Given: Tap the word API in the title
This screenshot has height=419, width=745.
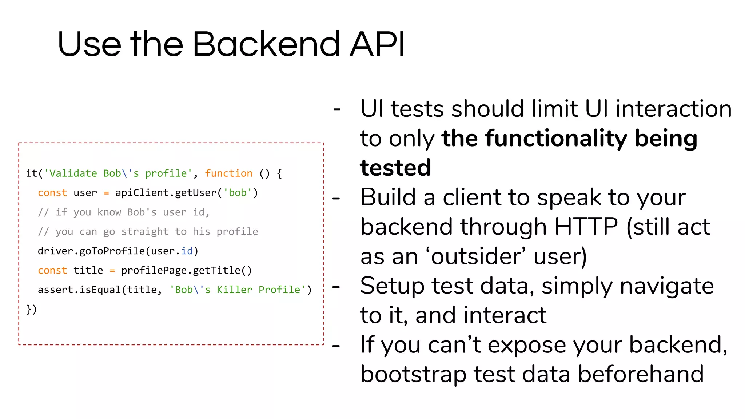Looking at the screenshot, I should (x=377, y=44).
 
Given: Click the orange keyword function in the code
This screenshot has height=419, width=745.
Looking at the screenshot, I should (x=228, y=173).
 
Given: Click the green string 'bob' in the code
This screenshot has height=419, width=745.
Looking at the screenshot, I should (x=237, y=193).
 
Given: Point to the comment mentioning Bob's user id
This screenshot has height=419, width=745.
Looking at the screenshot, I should (x=124, y=212).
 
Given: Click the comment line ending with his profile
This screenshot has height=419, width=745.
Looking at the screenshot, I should (x=148, y=232).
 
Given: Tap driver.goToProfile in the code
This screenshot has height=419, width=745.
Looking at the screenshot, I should (x=91, y=251).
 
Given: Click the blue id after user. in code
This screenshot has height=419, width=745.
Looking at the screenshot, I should (x=187, y=251).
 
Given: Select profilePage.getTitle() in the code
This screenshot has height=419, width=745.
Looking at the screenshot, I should (x=186, y=271).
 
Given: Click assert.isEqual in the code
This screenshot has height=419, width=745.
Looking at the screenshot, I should (x=79, y=290).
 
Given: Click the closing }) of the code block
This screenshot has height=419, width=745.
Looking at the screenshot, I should (x=32, y=309).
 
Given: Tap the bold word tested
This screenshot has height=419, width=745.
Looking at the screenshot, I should (x=395, y=168).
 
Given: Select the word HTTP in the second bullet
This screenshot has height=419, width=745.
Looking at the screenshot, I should (x=586, y=227).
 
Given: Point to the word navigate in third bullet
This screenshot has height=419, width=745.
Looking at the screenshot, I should (x=666, y=286).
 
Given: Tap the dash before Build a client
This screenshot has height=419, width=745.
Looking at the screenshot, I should (x=336, y=199).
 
